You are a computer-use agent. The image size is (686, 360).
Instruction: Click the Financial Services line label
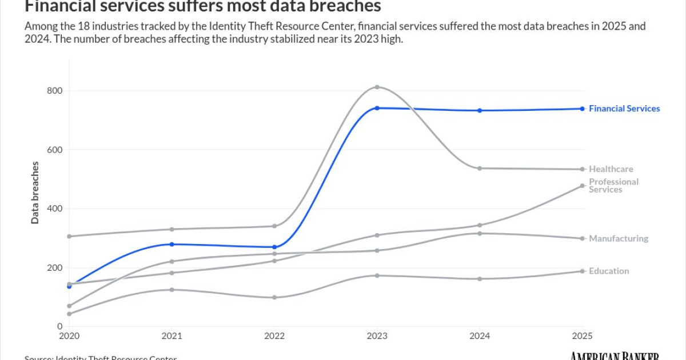coord(624,109)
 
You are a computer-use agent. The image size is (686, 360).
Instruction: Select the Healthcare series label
coord(611,169)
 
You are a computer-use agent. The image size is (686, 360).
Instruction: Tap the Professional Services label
coord(613,186)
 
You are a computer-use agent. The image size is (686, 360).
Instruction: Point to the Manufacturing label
coord(619,239)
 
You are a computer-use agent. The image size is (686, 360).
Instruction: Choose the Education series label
coord(609,271)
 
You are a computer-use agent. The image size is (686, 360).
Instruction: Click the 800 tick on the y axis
coord(54,91)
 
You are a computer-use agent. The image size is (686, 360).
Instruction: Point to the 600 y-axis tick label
coord(54,150)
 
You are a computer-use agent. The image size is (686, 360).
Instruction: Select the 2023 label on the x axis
coord(377,335)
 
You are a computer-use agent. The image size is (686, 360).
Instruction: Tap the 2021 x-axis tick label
coord(171,335)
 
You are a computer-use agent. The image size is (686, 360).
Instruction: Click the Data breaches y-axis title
coord(35,193)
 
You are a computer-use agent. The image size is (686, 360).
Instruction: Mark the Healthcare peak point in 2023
coord(377,87)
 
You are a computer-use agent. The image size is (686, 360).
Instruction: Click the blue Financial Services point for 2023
coord(377,108)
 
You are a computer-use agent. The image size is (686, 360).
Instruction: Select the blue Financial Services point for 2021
coord(171,244)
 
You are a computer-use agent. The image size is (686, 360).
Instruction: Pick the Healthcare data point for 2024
coord(480,168)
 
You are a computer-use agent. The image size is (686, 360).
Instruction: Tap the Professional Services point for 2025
coord(583,186)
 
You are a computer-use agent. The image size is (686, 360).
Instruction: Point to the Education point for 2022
coord(274,297)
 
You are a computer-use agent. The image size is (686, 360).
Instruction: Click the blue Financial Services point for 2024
coord(480,110)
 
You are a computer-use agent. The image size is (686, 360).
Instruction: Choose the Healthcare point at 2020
coord(69,236)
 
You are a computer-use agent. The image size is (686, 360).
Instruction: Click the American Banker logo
coord(615,355)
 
